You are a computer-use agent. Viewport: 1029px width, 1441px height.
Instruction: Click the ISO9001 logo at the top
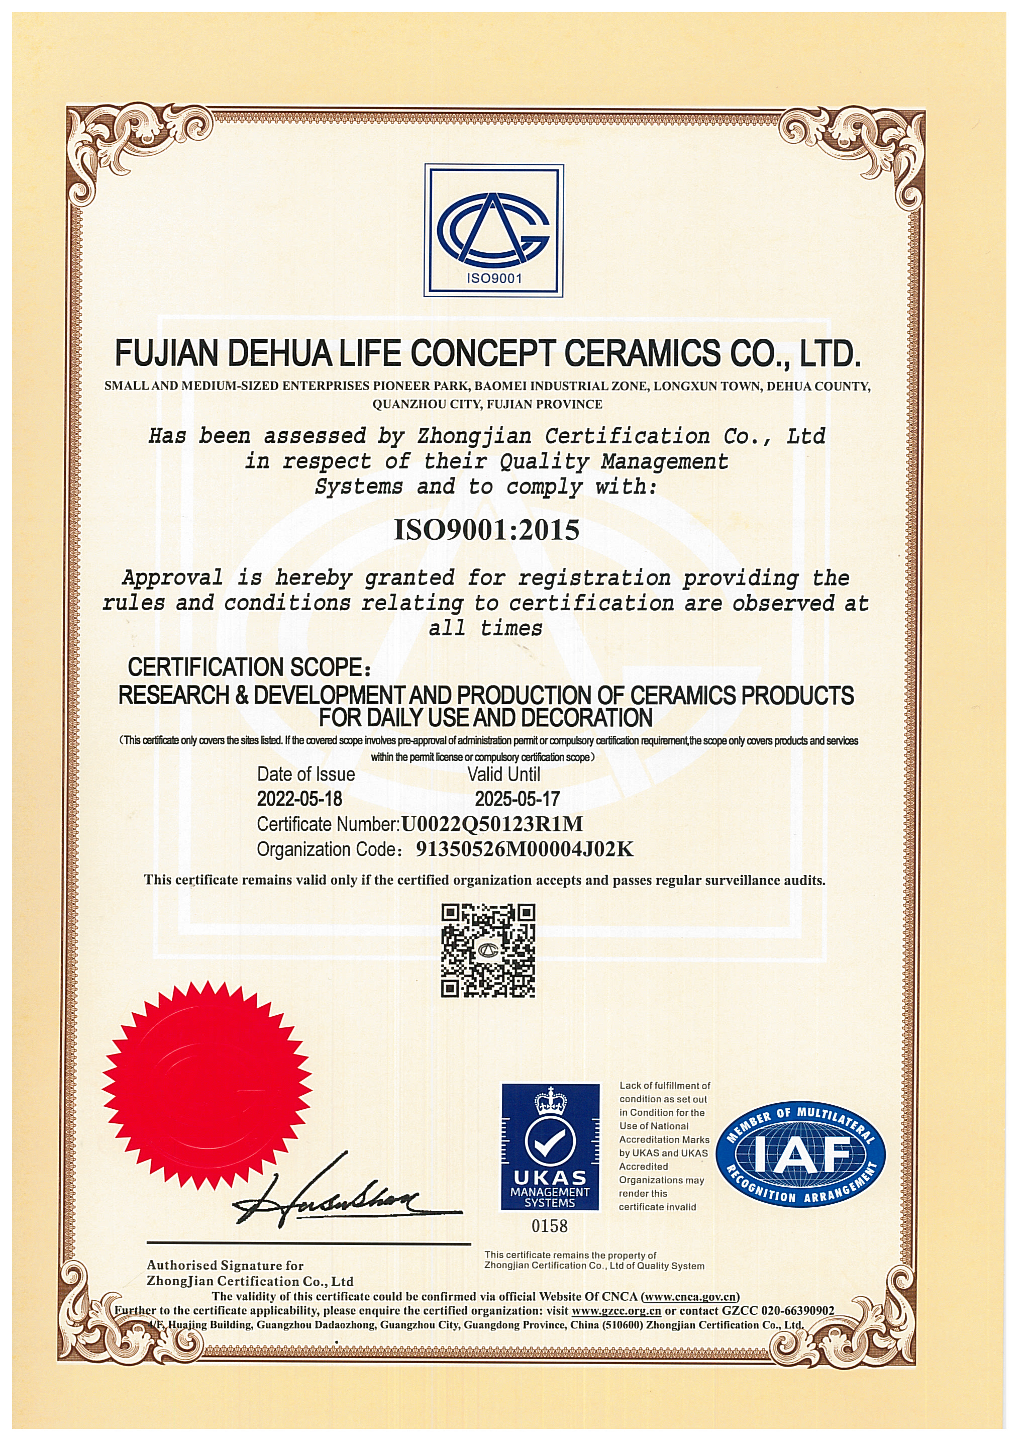tap(493, 231)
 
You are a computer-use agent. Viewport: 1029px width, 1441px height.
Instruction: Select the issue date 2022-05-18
tap(299, 799)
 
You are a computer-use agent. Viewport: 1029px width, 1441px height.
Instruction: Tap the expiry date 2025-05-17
tap(517, 799)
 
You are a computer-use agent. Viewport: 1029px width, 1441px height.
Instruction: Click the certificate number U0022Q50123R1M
tap(492, 824)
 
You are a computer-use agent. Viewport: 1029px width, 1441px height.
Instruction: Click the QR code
tap(488, 950)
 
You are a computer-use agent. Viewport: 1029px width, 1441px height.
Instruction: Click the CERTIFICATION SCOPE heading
tap(248, 667)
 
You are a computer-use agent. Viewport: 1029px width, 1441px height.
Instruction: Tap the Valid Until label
tap(504, 775)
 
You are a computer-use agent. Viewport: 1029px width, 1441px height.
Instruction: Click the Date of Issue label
tap(305, 775)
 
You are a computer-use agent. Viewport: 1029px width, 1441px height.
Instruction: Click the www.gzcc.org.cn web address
tap(616, 1310)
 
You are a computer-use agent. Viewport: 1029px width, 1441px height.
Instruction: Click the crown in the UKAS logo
tap(550, 1102)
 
